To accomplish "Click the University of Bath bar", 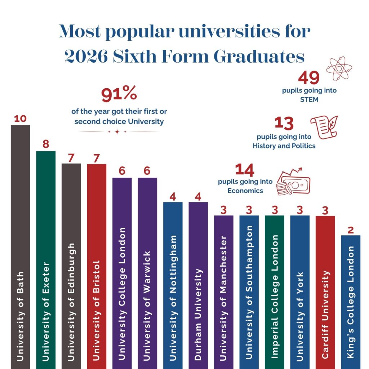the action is pyautogui.click(x=21, y=247).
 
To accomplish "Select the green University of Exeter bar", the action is pyautogui.click(x=46, y=260).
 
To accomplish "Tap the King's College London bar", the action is pyautogui.click(x=351, y=302).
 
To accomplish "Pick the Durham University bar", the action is pyautogui.click(x=198, y=285).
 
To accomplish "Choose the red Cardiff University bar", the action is pyautogui.click(x=325, y=292).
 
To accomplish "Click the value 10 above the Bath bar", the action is pyautogui.click(x=20, y=119).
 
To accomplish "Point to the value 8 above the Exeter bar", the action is pyautogui.click(x=46, y=144).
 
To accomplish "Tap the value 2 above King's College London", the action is pyautogui.click(x=351, y=230).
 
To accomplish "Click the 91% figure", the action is pyautogui.click(x=119, y=93).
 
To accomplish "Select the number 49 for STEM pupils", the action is pyautogui.click(x=309, y=78).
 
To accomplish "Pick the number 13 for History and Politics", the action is pyautogui.click(x=284, y=123).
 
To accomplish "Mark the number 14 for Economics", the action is pyautogui.click(x=245, y=170).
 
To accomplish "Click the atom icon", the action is pyautogui.click(x=339, y=68).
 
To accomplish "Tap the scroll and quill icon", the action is pyautogui.click(x=325, y=127).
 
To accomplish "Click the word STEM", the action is pyautogui.click(x=309, y=99).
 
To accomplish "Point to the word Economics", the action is pyautogui.click(x=245, y=191).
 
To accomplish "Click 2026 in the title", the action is pyautogui.click(x=86, y=57).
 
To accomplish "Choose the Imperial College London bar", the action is pyautogui.click(x=274, y=292).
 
